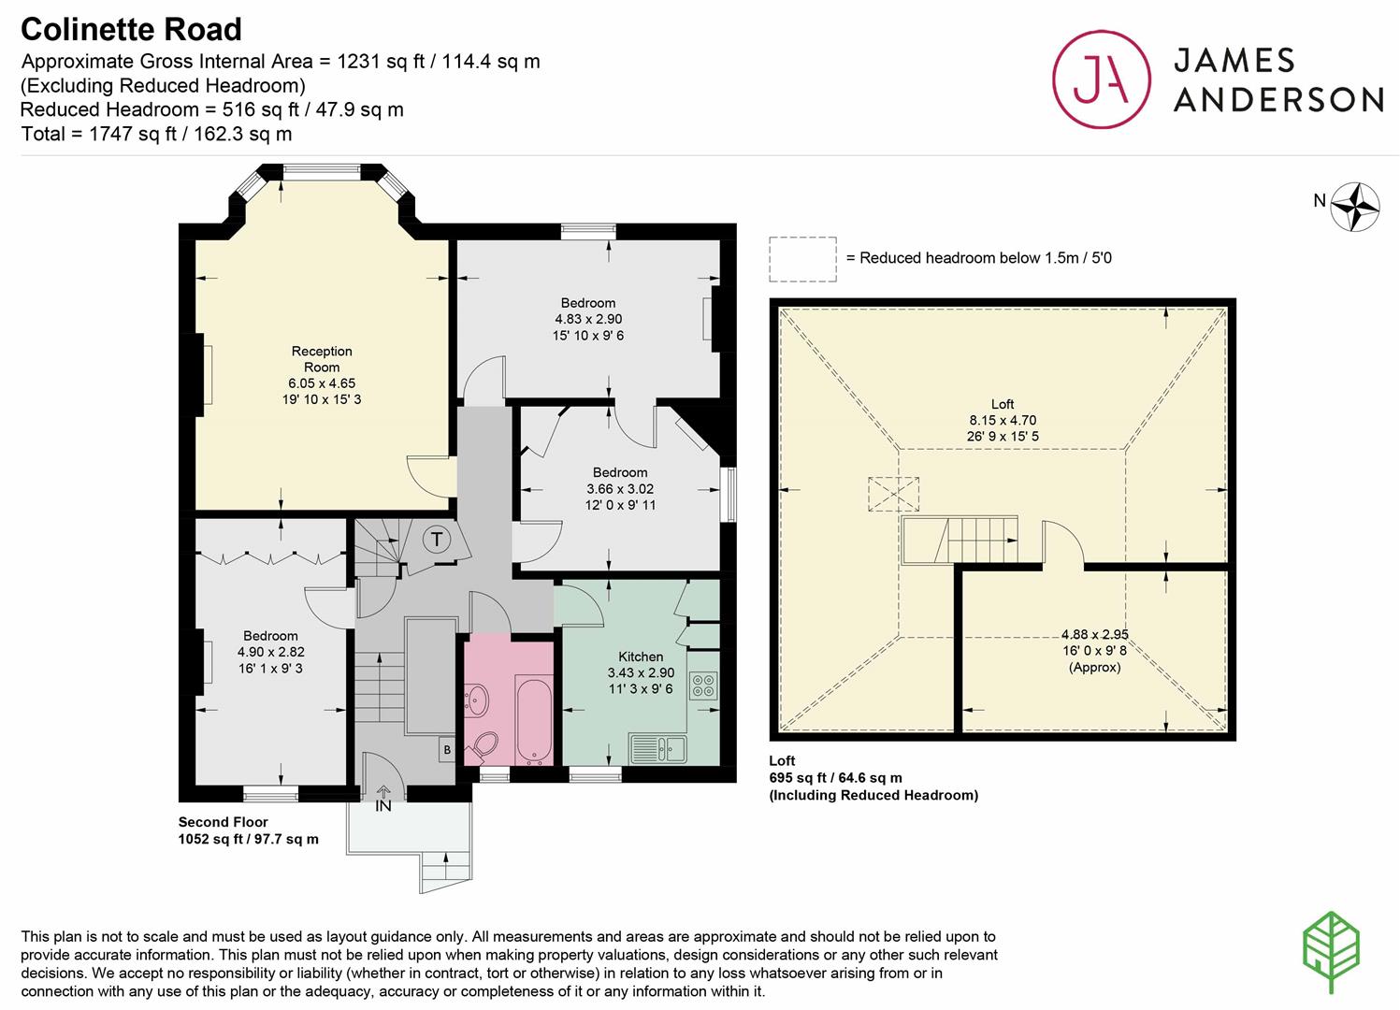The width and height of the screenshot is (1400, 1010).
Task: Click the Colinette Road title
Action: [131, 29]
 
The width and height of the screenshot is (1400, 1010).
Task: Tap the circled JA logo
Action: [1102, 79]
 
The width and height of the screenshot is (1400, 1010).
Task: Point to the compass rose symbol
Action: [1354, 207]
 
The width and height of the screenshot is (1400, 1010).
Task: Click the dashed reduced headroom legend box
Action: [802, 259]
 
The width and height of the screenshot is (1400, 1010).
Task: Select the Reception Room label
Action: [322, 359]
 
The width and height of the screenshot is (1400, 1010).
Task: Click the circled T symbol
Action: [436, 540]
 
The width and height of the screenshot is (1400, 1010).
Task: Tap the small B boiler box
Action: [447, 749]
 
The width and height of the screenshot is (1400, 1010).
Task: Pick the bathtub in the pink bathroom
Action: [534, 719]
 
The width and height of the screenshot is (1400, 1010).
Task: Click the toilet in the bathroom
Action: [484, 746]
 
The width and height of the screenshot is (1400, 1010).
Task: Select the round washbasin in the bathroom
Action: [478, 700]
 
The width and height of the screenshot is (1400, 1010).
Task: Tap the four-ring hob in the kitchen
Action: [703, 685]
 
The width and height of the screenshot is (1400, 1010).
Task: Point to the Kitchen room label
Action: [641, 656]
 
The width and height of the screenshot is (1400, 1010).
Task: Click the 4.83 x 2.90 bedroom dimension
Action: [588, 319]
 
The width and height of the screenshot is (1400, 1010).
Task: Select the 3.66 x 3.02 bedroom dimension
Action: [620, 489]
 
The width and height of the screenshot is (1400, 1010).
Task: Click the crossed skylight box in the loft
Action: [893, 495]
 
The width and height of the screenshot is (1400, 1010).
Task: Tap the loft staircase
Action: [960, 540]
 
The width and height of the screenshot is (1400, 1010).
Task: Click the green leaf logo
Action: [1331, 952]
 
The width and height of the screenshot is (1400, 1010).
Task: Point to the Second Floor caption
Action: [224, 822]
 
